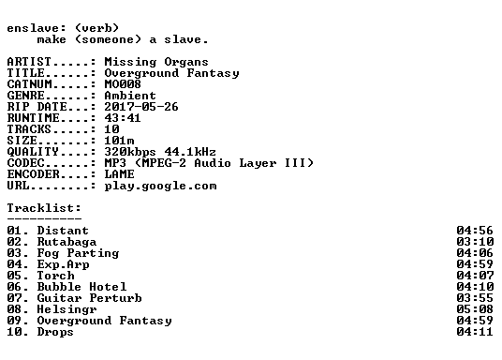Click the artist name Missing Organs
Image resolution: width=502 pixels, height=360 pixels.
pyautogui.click(x=156, y=62)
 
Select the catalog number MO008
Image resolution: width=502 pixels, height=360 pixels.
pyautogui.click(x=123, y=84)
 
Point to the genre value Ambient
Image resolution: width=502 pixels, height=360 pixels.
pyautogui.click(x=130, y=96)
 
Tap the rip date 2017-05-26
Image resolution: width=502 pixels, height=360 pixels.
pyautogui.click(x=141, y=107)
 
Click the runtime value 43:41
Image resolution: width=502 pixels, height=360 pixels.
pyautogui.click(x=123, y=118)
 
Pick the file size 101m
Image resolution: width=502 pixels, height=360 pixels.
pyautogui.click(x=119, y=141)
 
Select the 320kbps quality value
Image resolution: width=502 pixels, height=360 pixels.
pyautogui.click(x=130, y=152)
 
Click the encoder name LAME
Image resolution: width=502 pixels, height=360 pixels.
pyautogui.click(x=119, y=174)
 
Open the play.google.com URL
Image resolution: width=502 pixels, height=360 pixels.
pyautogui.click(x=160, y=187)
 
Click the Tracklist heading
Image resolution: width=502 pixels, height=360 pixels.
pyautogui.click(x=44, y=208)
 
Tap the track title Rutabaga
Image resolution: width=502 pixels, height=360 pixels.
pyautogui.click(x=66, y=242)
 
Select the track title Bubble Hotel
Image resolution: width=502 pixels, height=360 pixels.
pyautogui.click(x=81, y=287)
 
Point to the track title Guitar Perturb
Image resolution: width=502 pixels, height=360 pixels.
pyautogui.click(x=89, y=298)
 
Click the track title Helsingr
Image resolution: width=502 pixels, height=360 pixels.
pyautogui.click(x=66, y=309)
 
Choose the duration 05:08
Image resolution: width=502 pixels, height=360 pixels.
pyautogui.click(x=475, y=309)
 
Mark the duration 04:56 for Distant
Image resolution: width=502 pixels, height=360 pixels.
pyautogui.click(x=475, y=231)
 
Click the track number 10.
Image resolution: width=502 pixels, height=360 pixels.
pyautogui.click(x=15, y=332)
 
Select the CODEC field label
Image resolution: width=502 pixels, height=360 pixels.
pyautogui.click(x=25, y=163)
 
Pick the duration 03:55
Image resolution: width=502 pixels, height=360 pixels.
pyautogui.click(x=475, y=298)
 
